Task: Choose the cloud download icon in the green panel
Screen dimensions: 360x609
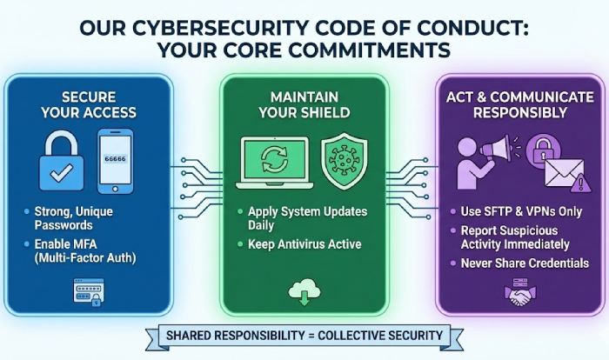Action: point(304,295)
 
